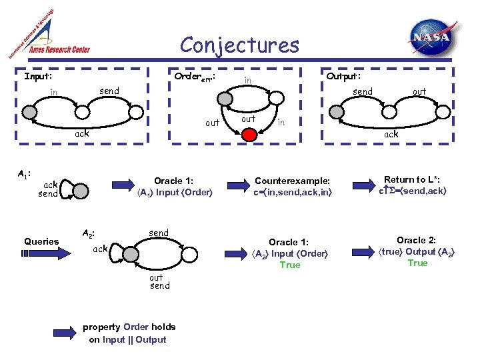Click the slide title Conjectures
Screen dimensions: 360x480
[x=239, y=45]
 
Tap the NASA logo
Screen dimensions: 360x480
[x=433, y=37]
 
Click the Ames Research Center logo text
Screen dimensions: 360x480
[x=58, y=49]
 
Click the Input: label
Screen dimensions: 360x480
[x=38, y=76]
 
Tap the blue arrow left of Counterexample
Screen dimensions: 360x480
[x=237, y=184]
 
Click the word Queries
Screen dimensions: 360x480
[x=41, y=241]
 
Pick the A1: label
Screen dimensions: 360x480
[x=23, y=174]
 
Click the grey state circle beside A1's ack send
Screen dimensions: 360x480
[x=80, y=191]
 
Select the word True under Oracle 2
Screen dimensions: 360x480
[x=417, y=263]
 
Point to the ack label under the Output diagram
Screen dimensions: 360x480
[x=391, y=134]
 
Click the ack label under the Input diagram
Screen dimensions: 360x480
[x=81, y=134]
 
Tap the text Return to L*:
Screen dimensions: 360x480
[x=417, y=179]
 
